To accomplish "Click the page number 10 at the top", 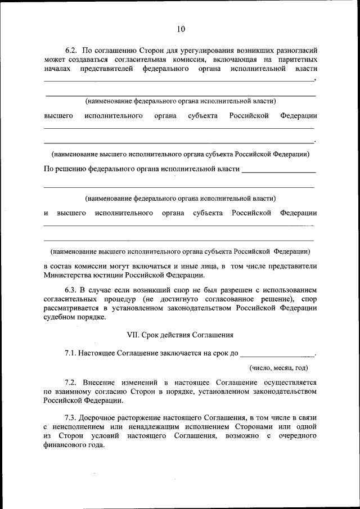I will (180, 29).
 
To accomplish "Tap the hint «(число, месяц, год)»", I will (279, 368).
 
